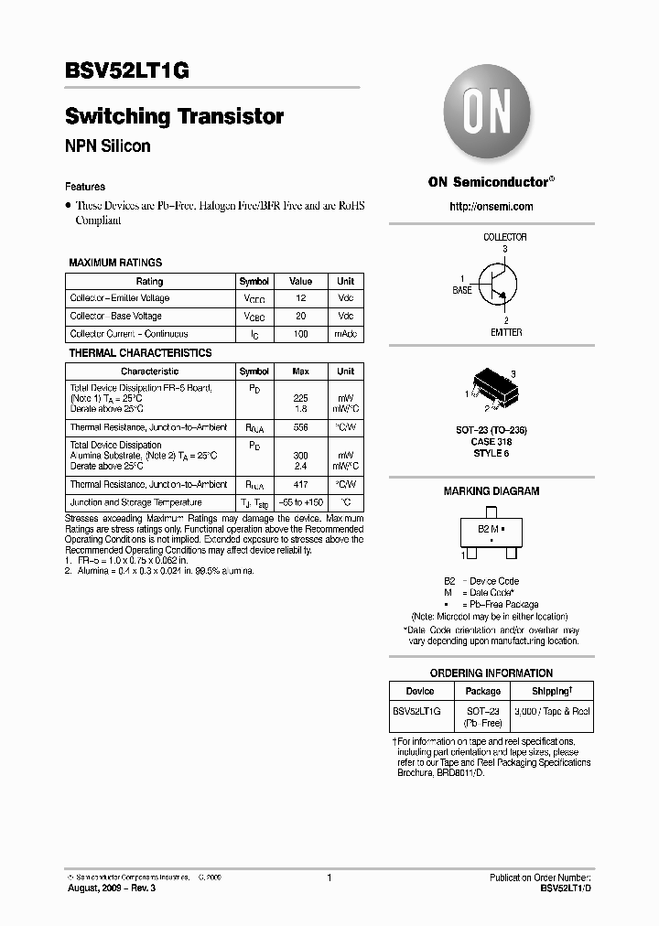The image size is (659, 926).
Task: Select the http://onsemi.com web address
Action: point(492,207)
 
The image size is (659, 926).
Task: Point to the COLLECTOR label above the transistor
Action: point(504,237)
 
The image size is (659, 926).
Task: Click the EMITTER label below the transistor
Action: point(506,332)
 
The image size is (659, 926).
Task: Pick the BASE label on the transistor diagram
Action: point(462,290)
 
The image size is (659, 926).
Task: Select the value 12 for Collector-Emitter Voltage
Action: point(300,298)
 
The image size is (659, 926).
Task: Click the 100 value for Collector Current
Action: point(300,334)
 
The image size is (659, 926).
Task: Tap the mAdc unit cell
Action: point(345,334)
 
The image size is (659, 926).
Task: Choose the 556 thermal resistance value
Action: point(300,427)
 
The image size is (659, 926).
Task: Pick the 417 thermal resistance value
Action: point(300,484)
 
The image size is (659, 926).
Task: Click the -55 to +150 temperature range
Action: point(300,502)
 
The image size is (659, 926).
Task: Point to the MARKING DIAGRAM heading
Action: point(492,491)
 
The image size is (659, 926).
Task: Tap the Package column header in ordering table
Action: point(482,691)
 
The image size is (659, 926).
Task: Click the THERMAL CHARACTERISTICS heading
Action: point(140,353)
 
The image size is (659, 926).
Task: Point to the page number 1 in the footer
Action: point(329,878)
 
